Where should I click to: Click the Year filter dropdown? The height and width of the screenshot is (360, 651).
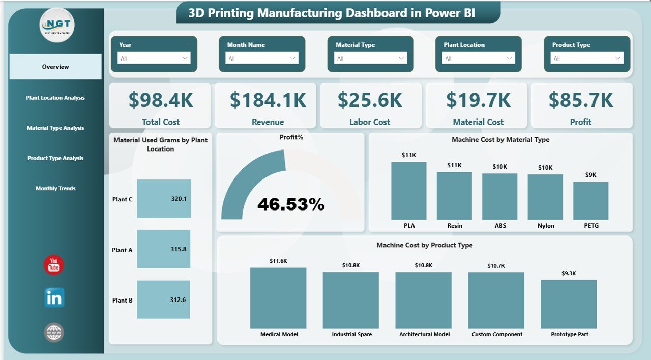(154, 58)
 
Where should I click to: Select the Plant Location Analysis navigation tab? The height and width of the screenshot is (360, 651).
(55, 98)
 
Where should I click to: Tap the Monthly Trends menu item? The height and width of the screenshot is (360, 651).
(55, 188)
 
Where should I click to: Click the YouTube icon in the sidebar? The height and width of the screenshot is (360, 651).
(54, 265)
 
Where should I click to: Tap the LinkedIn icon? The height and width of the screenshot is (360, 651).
(54, 298)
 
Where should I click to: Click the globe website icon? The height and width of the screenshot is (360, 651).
(54, 333)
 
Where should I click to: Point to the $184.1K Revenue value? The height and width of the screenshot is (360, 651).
(268, 100)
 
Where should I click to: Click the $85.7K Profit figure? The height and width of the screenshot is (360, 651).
(581, 100)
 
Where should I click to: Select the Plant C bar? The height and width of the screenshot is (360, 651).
(164, 199)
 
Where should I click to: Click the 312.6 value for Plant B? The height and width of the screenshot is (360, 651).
(178, 300)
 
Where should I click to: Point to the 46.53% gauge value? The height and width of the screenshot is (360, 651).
(291, 204)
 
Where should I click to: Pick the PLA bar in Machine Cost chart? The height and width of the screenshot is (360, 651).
(408, 191)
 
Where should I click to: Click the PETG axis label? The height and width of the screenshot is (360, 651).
(590, 226)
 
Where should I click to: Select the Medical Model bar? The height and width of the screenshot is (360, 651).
(278, 298)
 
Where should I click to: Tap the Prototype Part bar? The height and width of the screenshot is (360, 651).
(569, 304)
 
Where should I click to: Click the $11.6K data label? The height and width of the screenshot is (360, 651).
(278, 261)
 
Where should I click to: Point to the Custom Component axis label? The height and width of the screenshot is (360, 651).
(497, 334)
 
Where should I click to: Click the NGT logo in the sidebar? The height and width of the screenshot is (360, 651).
(57, 25)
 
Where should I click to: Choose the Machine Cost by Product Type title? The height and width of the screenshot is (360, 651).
(424, 245)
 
